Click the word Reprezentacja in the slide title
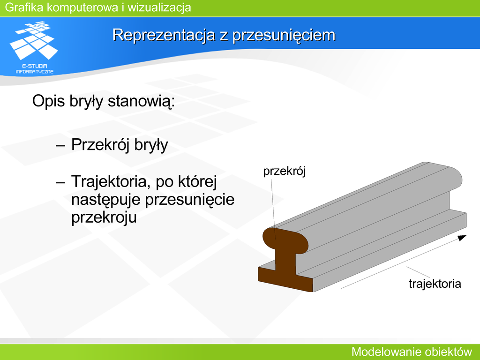pyautogui.click(x=164, y=35)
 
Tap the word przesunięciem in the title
pyautogui.click(x=284, y=36)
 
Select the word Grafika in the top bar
pyautogui.click(x=24, y=7)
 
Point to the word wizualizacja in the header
pyautogui.click(x=159, y=7)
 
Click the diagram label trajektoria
pyautogui.click(x=435, y=284)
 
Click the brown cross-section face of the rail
pyautogui.click(x=285, y=261)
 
